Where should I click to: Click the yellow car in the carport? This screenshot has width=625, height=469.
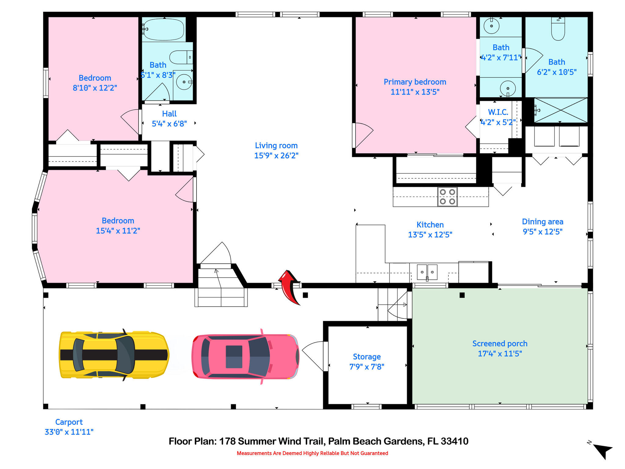click(114, 355)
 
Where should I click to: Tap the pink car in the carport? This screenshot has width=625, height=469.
click(245, 356)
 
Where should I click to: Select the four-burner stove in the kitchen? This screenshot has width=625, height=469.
click(447, 197)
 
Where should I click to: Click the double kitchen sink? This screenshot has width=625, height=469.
click(427, 272)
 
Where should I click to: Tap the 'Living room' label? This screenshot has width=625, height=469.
click(276, 146)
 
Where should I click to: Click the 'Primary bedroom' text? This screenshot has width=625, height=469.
click(415, 82)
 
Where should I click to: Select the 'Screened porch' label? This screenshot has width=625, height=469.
click(500, 344)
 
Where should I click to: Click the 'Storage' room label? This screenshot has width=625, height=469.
click(367, 357)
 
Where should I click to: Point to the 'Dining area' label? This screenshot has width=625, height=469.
click(543, 222)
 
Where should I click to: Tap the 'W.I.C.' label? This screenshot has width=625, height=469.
click(498, 112)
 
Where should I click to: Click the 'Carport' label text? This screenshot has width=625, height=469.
click(69, 422)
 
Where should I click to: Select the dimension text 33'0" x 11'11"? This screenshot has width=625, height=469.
click(69, 432)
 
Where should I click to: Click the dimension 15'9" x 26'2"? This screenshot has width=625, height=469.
click(276, 155)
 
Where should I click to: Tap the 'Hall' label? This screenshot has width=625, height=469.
click(169, 114)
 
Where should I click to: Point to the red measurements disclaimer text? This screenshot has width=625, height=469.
click(312, 453)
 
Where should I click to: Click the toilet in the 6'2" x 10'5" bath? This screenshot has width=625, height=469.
click(558, 29)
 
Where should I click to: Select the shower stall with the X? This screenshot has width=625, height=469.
click(561, 110)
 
